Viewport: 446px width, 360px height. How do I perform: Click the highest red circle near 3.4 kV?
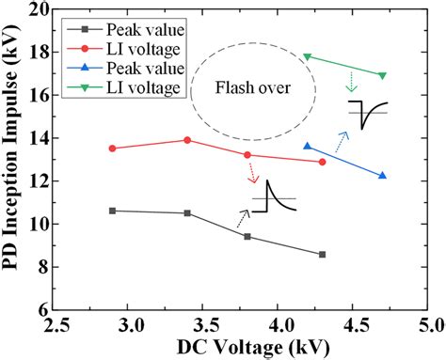coord(187,140)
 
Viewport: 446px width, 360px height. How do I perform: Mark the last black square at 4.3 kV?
coord(322,254)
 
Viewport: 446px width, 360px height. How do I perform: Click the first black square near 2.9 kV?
coord(113,211)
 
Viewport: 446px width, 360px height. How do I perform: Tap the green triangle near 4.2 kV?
coord(307,56)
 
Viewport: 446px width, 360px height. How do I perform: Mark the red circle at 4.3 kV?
coord(322,162)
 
